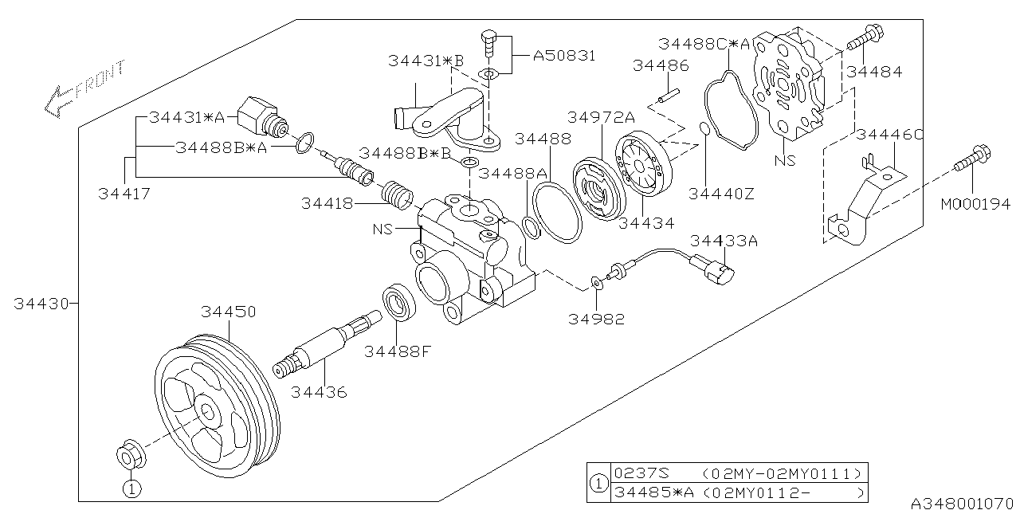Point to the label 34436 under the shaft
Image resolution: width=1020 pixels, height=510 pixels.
coord(319,392)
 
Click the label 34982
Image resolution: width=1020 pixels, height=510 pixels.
coord(596,319)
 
